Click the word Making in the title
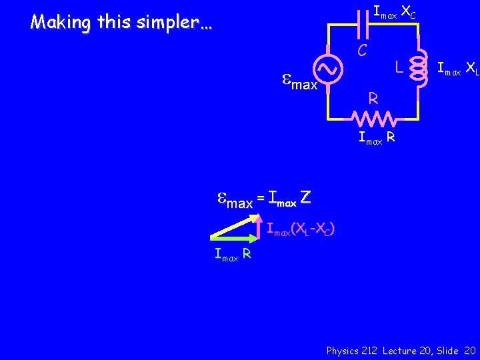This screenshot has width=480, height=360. coord(61,23)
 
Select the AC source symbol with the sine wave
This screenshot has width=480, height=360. coord(330,68)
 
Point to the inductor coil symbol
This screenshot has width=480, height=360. coord(420,67)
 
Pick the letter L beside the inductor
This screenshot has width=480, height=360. coord(397,67)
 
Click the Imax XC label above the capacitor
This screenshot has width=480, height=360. coord(394,11)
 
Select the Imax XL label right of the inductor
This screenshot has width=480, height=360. coord(457,67)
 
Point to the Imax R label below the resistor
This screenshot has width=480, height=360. coord(377,139)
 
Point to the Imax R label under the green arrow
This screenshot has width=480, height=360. coord(233,253)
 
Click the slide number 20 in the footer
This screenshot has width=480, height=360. coord(469,351)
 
